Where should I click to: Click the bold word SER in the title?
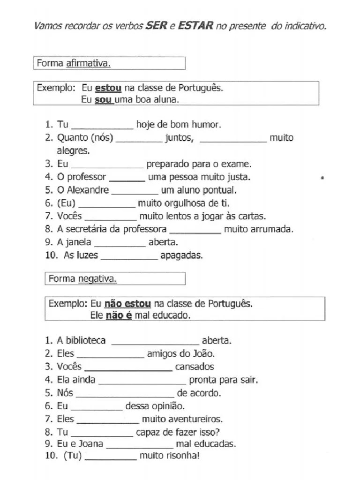pos(157,26)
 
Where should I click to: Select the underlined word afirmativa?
pos(88,63)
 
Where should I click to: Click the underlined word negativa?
pos(97,279)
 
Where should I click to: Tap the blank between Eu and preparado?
pos(107,165)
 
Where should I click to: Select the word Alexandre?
pos(88,190)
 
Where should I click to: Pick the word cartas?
pos(252,217)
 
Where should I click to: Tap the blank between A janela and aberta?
pos(120,243)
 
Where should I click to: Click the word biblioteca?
pos(84,341)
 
